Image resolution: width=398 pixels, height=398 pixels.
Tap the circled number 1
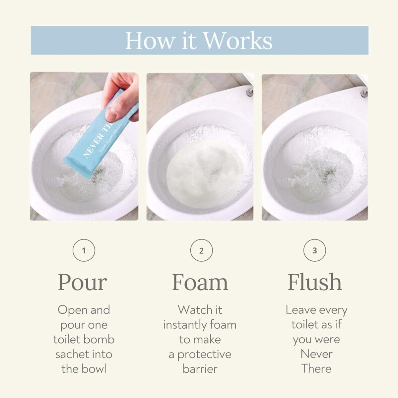tap(84, 250)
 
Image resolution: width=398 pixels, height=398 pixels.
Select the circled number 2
tap(201, 250)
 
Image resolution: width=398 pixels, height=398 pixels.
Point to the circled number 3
tap(314, 250)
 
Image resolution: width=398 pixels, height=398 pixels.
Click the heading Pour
tap(83, 282)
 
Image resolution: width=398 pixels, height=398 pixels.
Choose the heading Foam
tap(200, 282)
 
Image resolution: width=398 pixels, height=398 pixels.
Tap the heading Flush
tap(315, 282)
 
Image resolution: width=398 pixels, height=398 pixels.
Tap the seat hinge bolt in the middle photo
tap(250, 92)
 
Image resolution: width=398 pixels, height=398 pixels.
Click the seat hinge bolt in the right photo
tap(364, 93)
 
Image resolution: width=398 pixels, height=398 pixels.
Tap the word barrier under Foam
tap(200, 369)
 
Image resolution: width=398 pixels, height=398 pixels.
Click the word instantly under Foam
tap(184, 325)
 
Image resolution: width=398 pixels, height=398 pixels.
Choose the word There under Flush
tap(316, 369)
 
